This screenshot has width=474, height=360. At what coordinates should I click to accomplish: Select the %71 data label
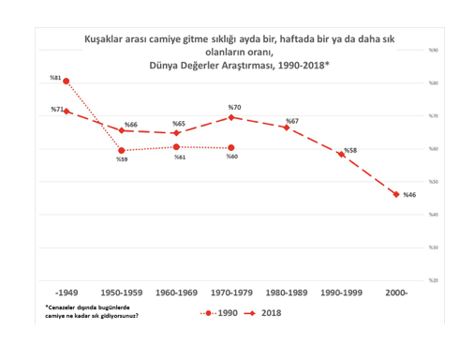tap(56, 110)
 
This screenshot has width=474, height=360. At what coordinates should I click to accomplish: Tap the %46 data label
tap(409, 195)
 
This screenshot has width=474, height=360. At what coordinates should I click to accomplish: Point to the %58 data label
tap(350, 151)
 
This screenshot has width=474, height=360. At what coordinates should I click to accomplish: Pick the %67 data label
tap(291, 121)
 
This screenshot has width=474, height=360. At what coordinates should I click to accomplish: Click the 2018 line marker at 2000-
tap(395, 194)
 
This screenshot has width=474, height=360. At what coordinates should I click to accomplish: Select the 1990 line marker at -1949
tap(66, 82)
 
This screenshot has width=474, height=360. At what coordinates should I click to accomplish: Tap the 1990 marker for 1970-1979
tap(230, 148)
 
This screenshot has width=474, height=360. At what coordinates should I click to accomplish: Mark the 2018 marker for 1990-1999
tap(341, 155)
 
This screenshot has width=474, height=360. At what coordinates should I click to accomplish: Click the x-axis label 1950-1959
tap(122, 293)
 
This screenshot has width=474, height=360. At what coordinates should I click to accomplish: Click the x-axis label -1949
tap(67, 293)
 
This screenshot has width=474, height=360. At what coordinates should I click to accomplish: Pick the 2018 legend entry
tap(266, 312)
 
